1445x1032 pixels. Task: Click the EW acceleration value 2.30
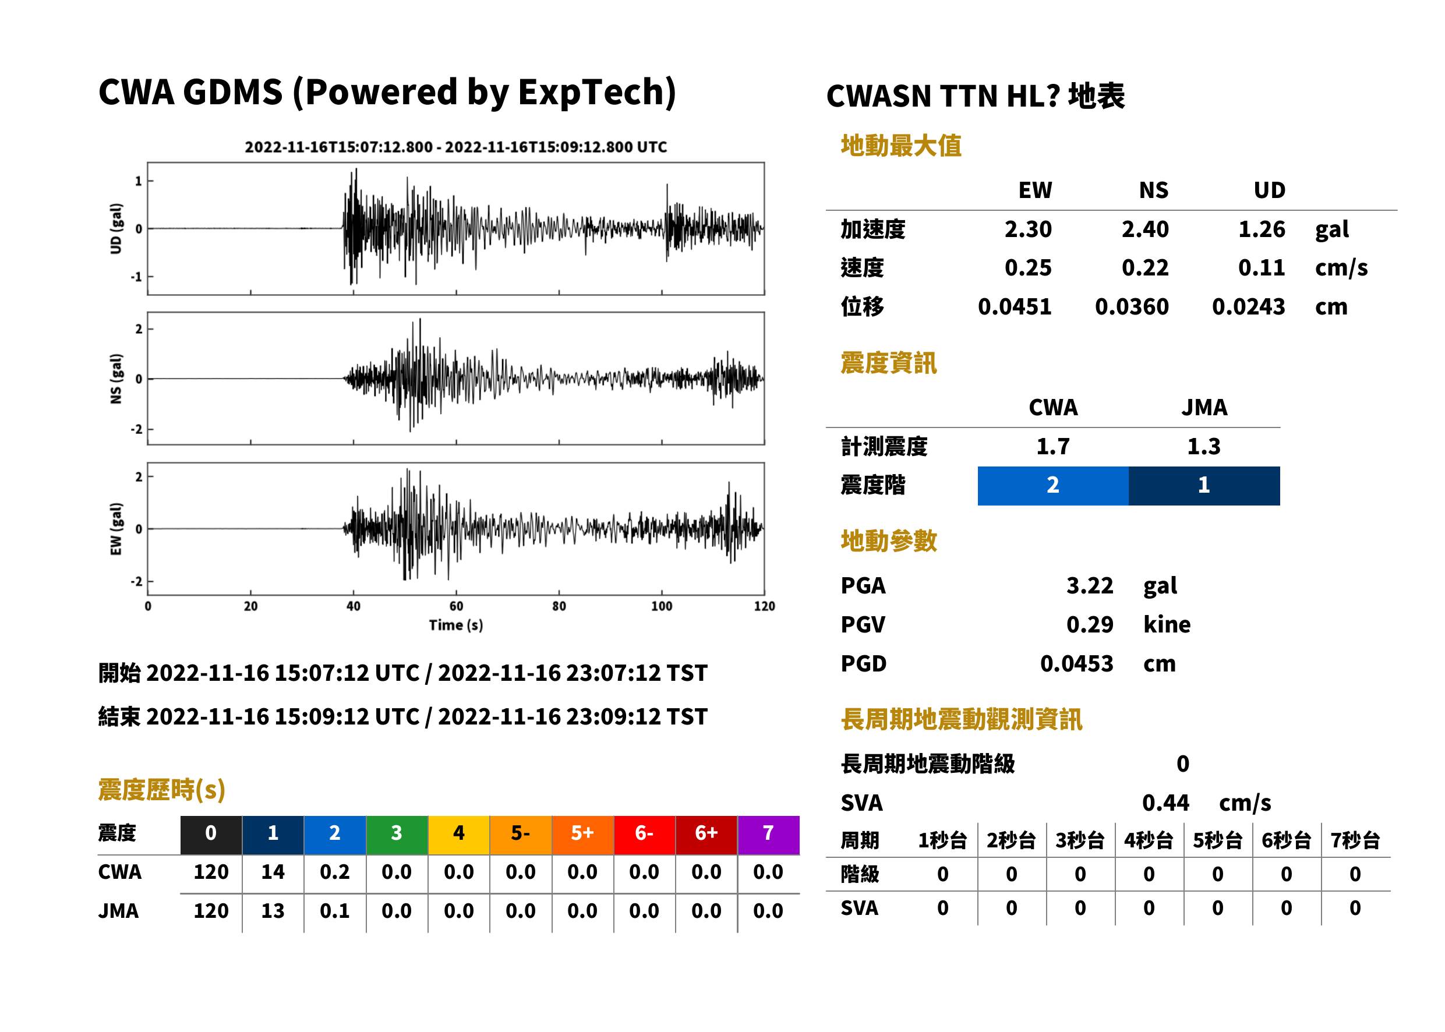click(x=1027, y=229)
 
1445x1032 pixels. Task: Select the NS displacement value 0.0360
click(x=1131, y=307)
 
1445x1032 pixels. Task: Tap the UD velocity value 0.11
click(x=1261, y=268)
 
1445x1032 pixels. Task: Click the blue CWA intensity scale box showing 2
click(x=1053, y=486)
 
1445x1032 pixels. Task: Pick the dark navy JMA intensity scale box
click(x=1204, y=486)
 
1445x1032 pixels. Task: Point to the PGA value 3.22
click(x=1089, y=585)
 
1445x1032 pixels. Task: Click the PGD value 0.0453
click(x=1076, y=663)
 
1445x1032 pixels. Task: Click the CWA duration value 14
click(x=273, y=872)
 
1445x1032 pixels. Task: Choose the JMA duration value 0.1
click(x=335, y=911)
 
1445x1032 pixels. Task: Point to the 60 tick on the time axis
click(x=456, y=606)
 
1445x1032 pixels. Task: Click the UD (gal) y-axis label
click(x=116, y=229)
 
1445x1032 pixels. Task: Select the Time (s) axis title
click(x=455, y=625)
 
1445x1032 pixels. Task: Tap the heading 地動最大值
click(x=901, y=146)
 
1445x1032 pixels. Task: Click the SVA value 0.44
click(x=1165, y=803)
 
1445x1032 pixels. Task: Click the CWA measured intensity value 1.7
click(x=1053, y=447)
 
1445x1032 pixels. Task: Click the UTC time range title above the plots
click(x=455, y=147)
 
